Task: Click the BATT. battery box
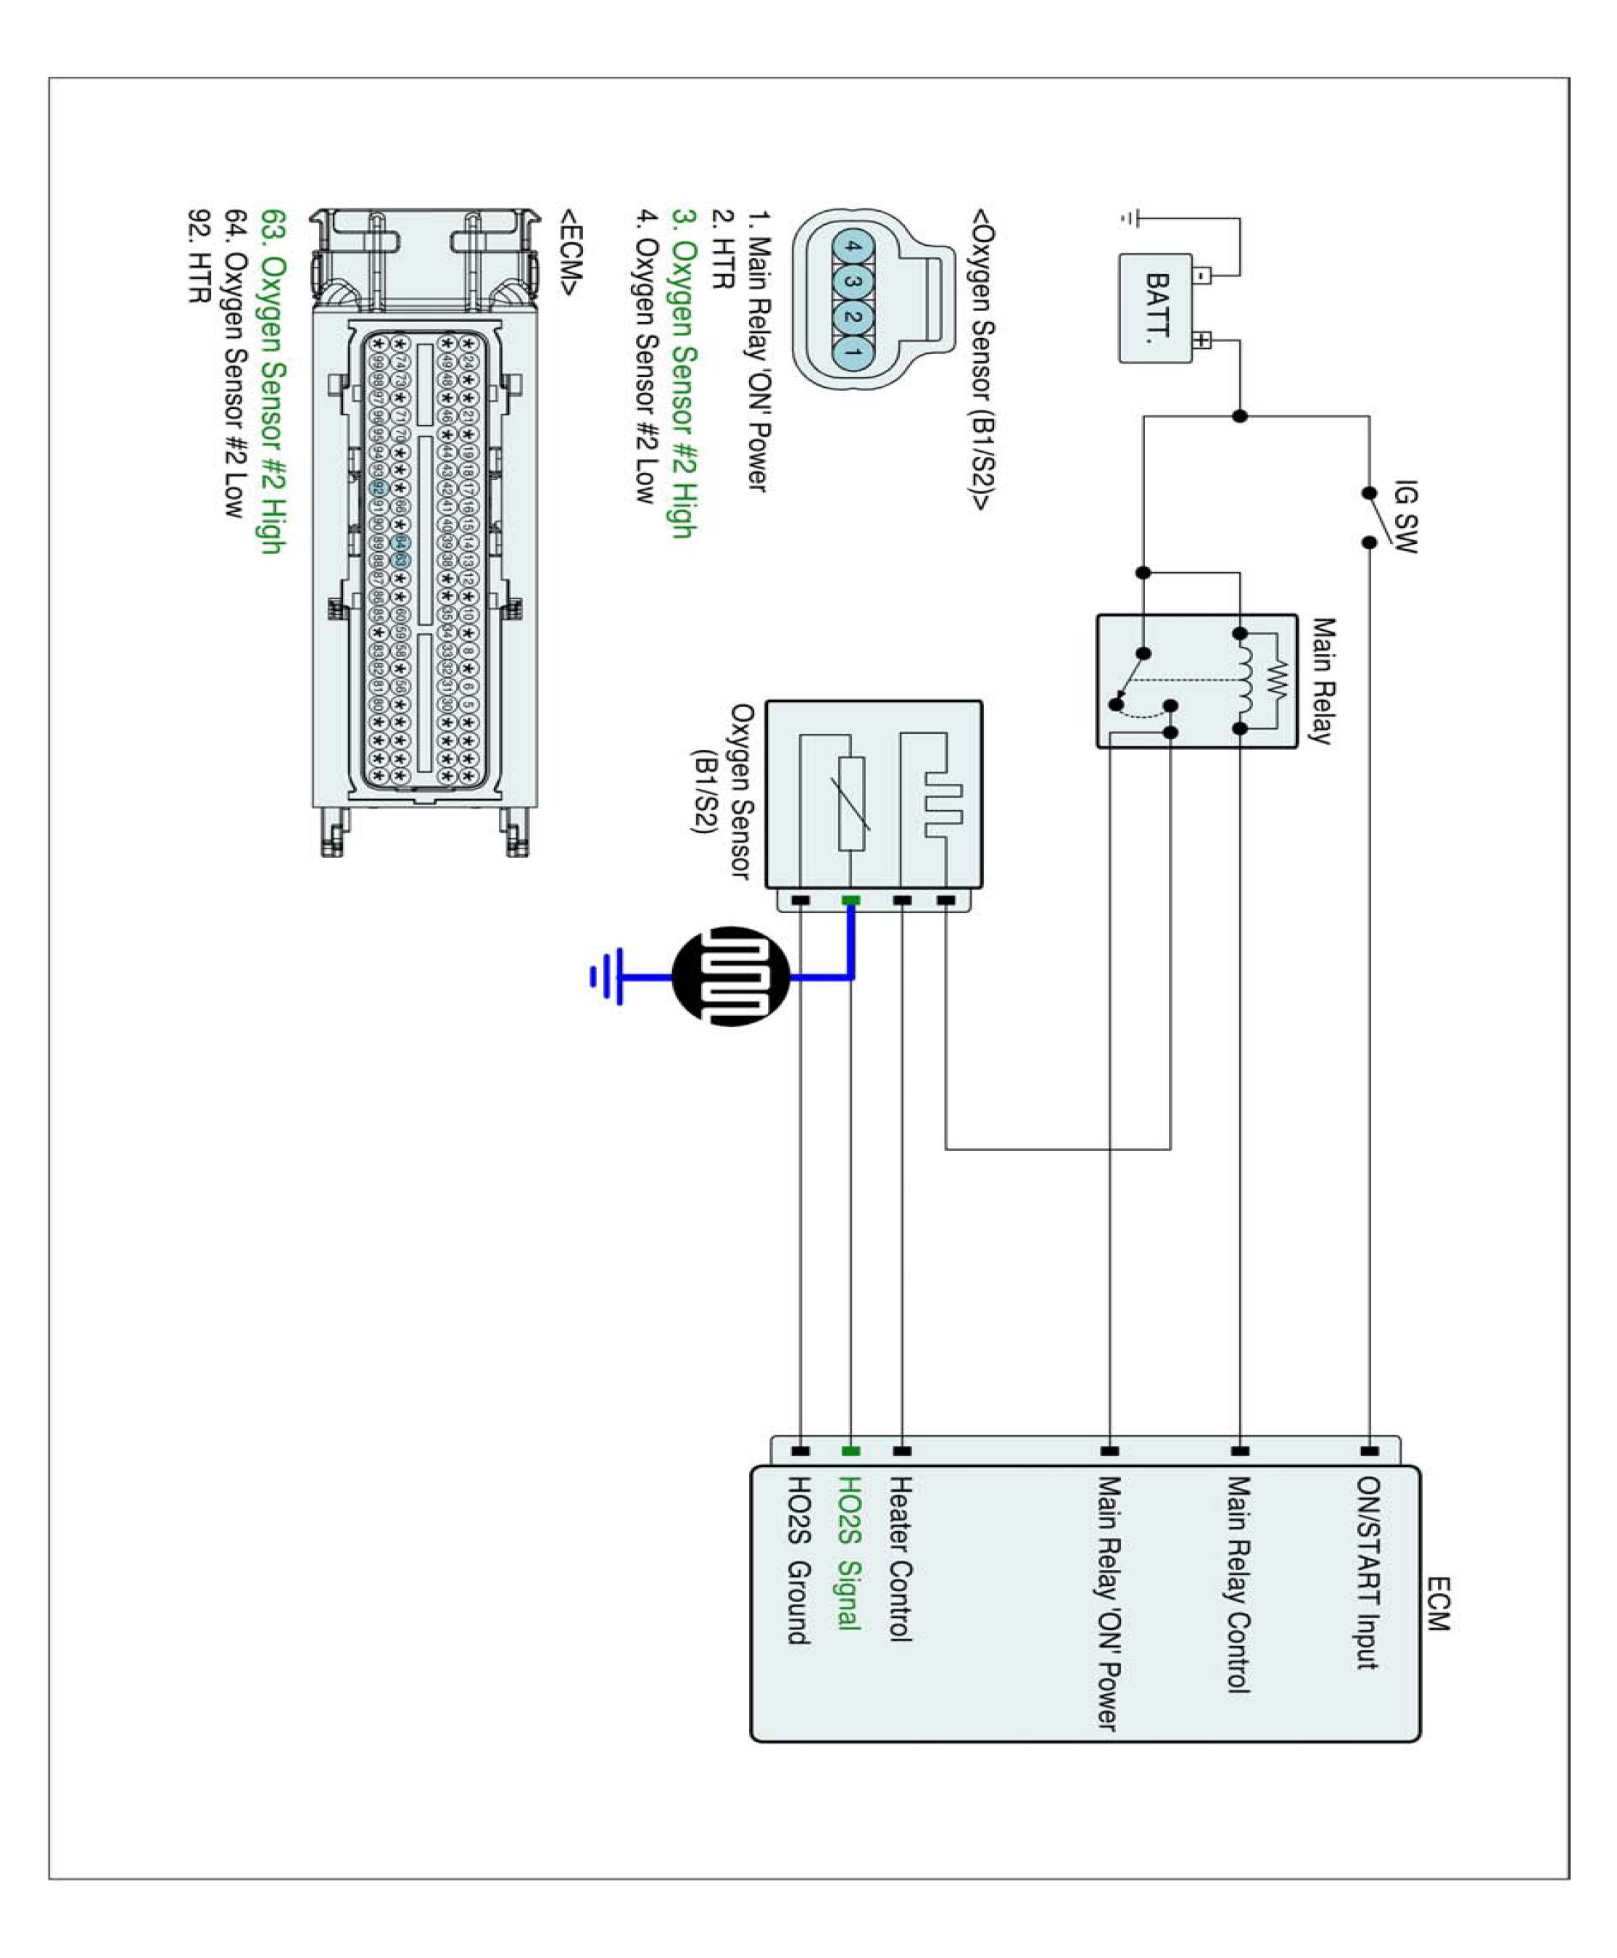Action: point(1155,307)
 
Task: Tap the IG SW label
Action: point(1405,517)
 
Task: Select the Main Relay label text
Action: point(1323,680)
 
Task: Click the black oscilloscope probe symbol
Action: point(731,976)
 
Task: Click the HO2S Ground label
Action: point(799,1561)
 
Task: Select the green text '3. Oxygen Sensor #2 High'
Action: point(685,373)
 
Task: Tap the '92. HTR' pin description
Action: point(199,256)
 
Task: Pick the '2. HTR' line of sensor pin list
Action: point(723,249)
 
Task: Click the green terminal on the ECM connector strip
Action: point(851,1450)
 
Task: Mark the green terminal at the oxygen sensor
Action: point(851,901)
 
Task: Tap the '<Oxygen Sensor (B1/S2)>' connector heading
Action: point(983,359)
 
